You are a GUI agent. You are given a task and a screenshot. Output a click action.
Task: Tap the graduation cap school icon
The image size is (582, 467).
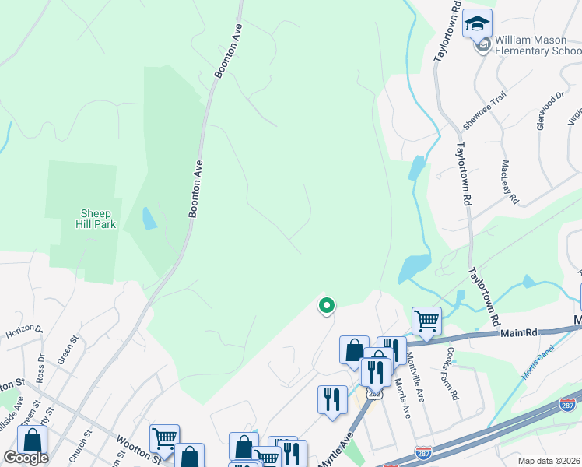tap(477, 23)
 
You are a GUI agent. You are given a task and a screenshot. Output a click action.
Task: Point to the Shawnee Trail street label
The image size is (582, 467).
tap(484, 111)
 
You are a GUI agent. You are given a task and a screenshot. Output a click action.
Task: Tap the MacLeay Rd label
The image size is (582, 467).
tap(510, 182)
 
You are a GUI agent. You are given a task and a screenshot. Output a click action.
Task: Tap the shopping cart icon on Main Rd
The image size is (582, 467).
tap(426, 320)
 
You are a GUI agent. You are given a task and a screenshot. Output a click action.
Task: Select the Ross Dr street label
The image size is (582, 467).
tap(40, 370)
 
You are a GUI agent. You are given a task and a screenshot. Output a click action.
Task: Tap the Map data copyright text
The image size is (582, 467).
tap(549, 461)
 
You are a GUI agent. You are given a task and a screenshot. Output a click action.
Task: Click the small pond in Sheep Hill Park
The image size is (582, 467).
tap(149, 219)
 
